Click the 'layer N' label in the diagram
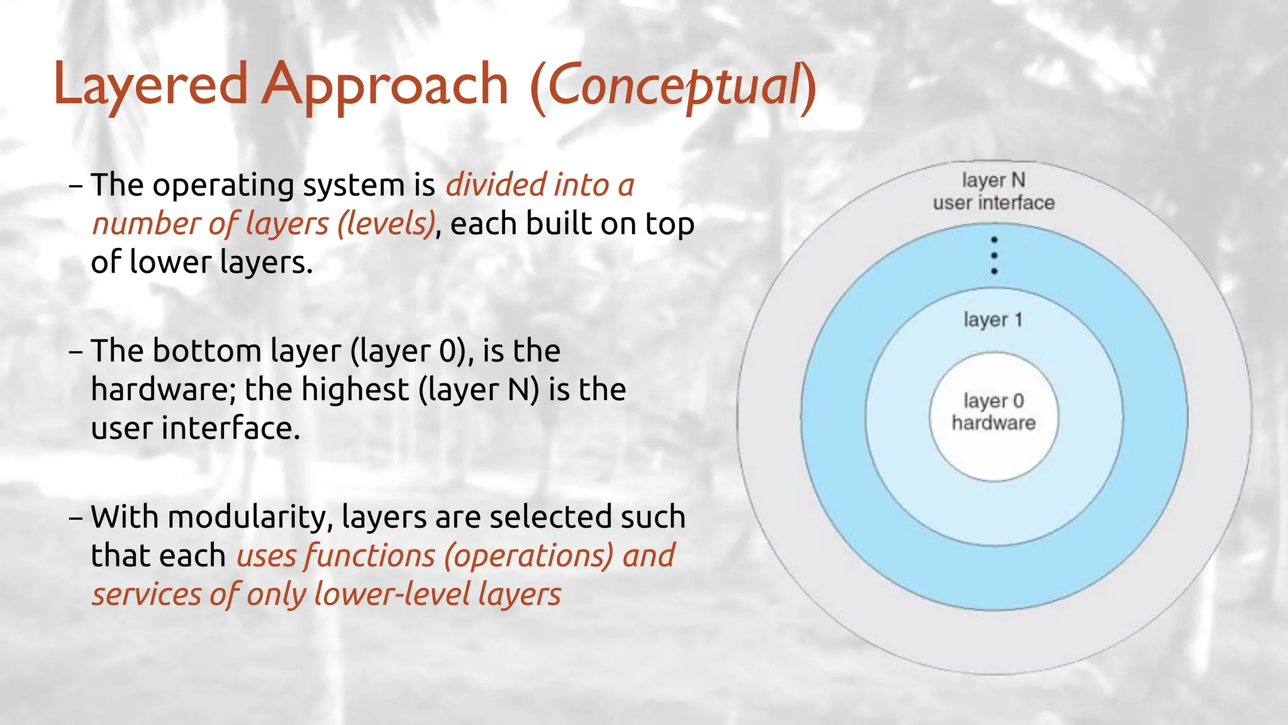click(x=993, y=181)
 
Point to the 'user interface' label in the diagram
click(x=993, y=203)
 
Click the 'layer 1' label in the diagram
click(x=993, y=320)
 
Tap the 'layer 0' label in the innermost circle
click(x=993, y=401)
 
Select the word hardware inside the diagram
click(x=993, y=423)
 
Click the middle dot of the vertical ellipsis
click(x=994, y=256)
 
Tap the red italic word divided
click(x=496, y=185)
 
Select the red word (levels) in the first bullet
click(x=386, y=224)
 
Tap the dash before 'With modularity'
click(x=75, y=518)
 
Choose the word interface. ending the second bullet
click(x=231, y=429)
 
